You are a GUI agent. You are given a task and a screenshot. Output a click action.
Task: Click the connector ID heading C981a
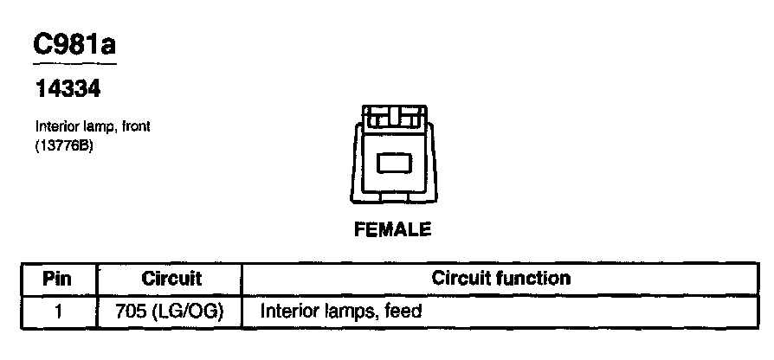(74, 45)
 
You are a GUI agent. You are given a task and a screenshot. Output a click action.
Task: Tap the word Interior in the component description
(55, 126)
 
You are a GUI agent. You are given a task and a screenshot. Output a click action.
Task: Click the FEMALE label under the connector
(393, 230)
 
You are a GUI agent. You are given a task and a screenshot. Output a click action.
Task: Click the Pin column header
(57, 280)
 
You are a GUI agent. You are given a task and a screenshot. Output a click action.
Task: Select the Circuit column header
(171, 280)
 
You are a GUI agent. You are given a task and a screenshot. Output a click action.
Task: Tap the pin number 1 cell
(57, 311)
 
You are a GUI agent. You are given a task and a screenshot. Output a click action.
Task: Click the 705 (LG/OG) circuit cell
(169, 311)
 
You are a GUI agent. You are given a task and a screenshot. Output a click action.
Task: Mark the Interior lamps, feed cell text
(340, 311)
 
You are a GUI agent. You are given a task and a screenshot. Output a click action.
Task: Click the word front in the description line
(136, 126)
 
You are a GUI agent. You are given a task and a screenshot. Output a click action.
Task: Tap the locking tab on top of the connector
(393, 116)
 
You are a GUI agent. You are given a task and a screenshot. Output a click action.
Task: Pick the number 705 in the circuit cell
(129, 311)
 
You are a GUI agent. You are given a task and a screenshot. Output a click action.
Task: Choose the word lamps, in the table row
(350, 311)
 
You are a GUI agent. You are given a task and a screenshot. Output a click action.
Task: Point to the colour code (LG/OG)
(185, 311)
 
